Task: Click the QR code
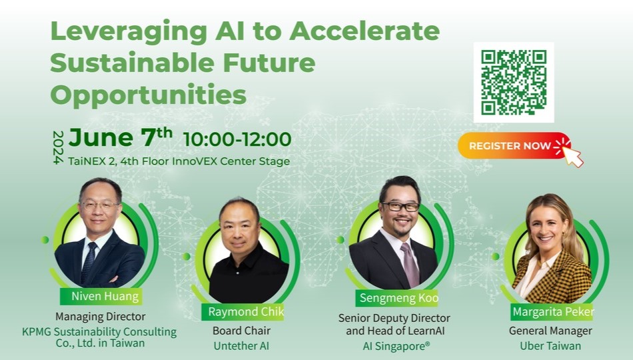click(514, 82)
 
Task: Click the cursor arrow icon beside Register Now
click(573, 157)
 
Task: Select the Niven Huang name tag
click(101, 297)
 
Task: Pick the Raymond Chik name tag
click(243, 312)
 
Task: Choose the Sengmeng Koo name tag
click(397, 298)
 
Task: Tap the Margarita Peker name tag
click(552, 312)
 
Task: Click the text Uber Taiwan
click(550, 346)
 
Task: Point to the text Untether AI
click(241, 346)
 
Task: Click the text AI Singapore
click(396, 346)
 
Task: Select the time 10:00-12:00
click(237, 139)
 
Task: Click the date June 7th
click(121, 137)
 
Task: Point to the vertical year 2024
click(58, 147)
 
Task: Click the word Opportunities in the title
click(148, 95)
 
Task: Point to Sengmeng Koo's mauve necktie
click(410, 264)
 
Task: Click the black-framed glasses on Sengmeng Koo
click(400, 207)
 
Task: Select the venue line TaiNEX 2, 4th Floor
click(179, 161)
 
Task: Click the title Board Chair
click(241, 331)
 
